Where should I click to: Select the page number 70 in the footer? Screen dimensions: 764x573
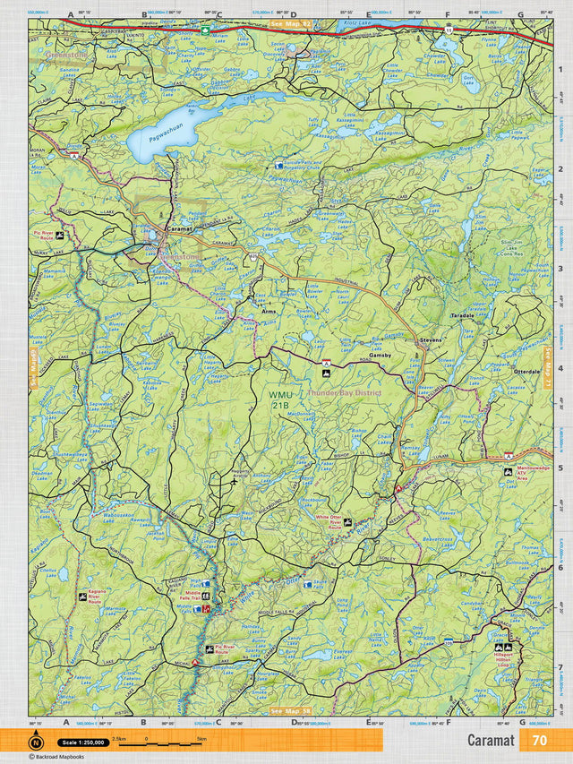tap(539, 741)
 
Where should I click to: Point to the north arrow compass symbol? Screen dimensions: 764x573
tap(36, 742)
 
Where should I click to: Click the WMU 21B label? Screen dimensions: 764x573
tap(279, 400)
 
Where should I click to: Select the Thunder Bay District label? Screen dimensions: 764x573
tap(345, 392)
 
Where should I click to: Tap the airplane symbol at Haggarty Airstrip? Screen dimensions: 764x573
tap(234, 480)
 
